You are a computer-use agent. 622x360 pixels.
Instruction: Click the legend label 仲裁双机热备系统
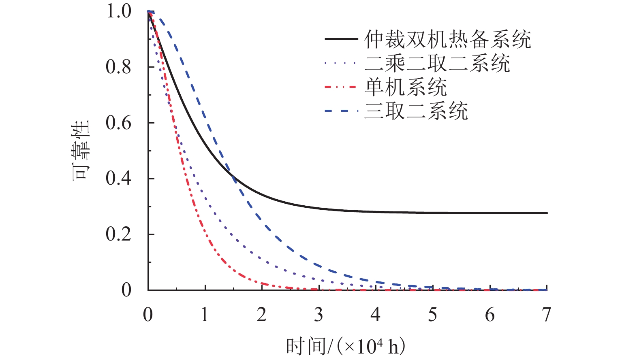coord(447,40)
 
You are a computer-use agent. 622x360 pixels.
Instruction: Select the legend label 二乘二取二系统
coord(437,64)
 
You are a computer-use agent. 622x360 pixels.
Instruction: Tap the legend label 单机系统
coord(406,87)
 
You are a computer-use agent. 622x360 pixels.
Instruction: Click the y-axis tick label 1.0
coord(119,11)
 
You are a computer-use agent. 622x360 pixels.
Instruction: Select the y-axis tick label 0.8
coord(119,67)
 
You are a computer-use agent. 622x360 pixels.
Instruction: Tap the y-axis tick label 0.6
coord(119,123)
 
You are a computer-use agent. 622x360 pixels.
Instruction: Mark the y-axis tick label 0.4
coord(119,179)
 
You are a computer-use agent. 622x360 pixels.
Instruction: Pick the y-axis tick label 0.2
coord(119,234)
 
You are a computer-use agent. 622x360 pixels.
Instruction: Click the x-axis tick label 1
coord(205,315)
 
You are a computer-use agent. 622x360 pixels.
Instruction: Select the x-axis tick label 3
coord(319,315)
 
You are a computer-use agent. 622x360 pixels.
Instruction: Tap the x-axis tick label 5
coord(433,315)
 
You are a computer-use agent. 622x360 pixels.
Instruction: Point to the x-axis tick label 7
coord(547,315)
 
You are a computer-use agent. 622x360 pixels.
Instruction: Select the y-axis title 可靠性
coord(81,150)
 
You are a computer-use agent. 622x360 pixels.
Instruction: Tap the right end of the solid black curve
coord(547,213)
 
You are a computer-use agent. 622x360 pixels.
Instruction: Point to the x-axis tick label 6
coord(490,315)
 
